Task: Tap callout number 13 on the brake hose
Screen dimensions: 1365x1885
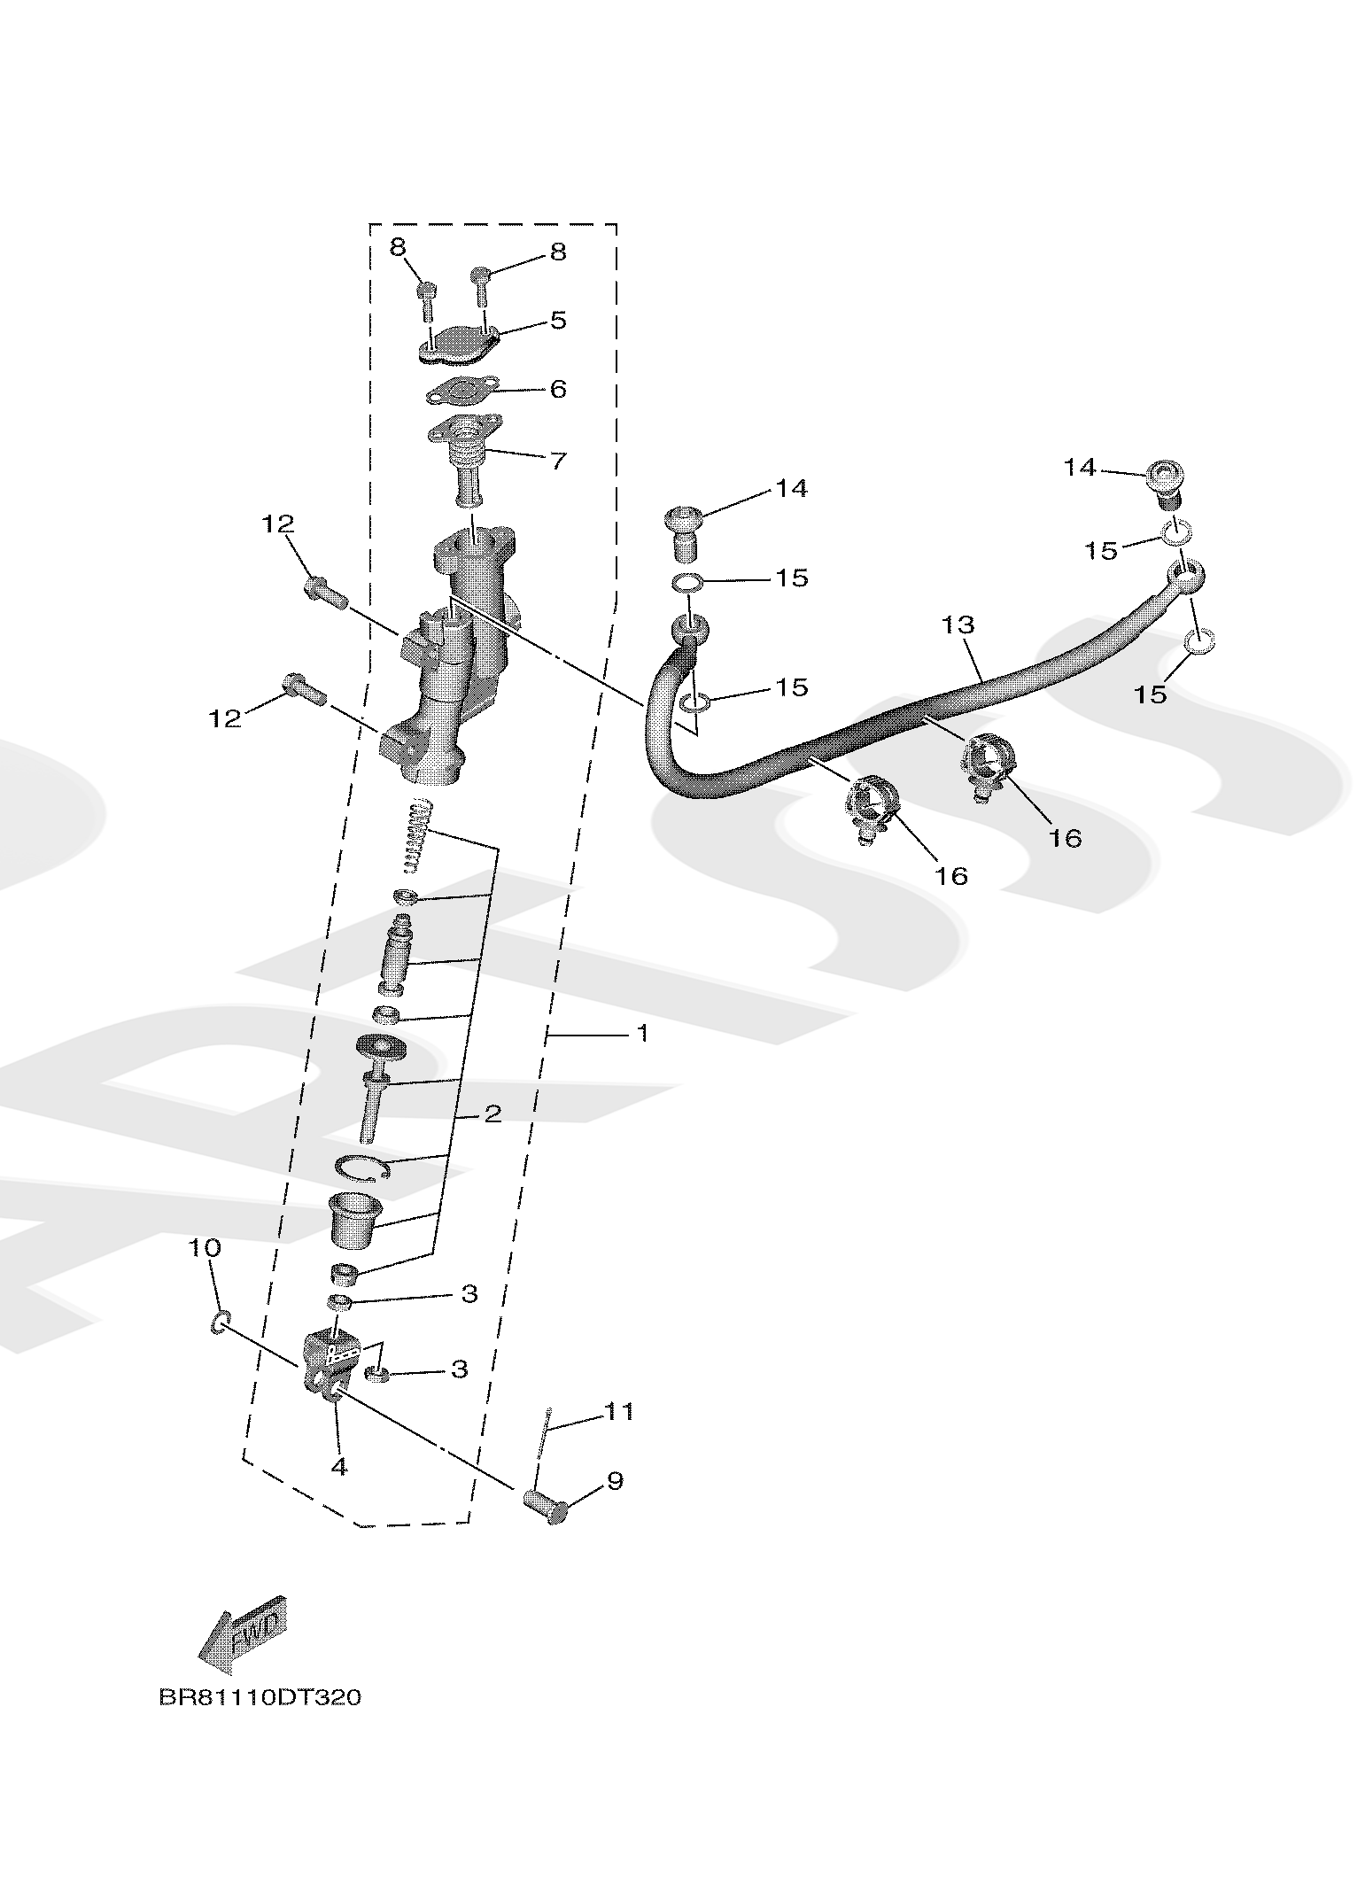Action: coord(958,624)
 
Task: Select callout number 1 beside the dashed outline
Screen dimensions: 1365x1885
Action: coord(643,1033)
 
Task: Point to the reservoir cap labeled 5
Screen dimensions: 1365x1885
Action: coord(457,345)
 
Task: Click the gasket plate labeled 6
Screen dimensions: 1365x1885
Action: coord(462,390)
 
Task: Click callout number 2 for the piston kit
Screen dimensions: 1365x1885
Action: coord(492,1113)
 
